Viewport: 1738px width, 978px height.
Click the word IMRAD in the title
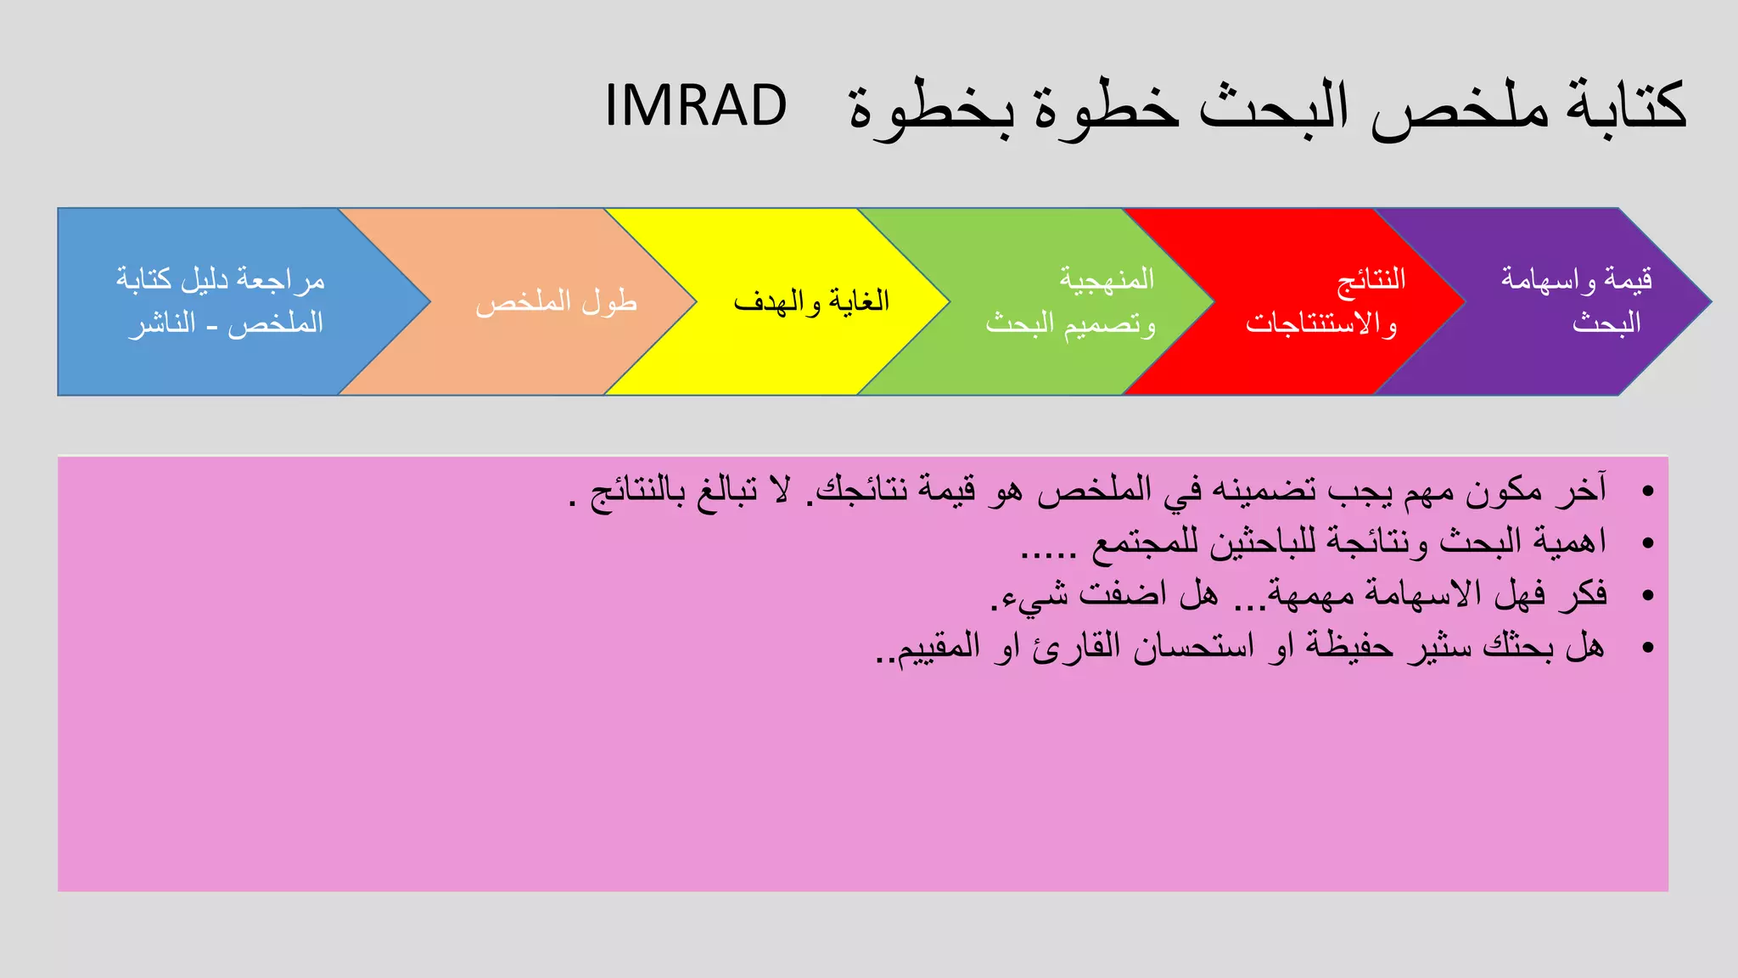696,106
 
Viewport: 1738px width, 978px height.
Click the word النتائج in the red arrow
1371,279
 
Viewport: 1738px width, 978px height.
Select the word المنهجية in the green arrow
1107,279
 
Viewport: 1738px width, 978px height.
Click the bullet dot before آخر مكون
1648,491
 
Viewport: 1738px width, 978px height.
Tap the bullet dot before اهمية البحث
1648,542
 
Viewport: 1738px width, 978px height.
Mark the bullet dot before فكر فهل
1648,595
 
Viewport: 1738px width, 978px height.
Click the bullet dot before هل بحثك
1648,648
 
